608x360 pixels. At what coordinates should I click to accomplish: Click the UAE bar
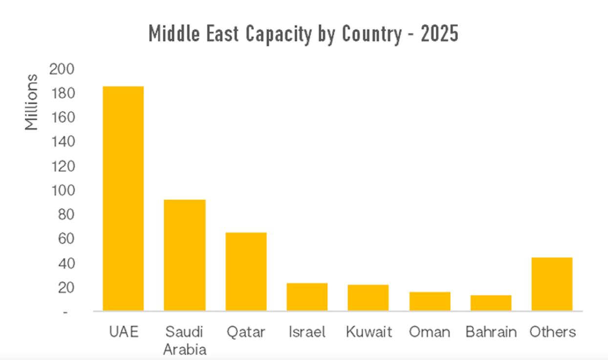[x=123, y=199]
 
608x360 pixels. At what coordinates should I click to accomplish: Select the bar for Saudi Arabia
[x=185, y=255]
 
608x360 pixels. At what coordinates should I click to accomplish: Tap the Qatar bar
[x=246, y=271]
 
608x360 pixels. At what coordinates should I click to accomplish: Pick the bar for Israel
[x=307, y=297]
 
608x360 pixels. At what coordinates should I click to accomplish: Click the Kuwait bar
[x=368, y=297]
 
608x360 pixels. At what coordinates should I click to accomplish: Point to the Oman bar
[x=430, y=301]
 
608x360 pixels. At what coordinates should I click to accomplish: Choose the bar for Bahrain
[x=491, y=303]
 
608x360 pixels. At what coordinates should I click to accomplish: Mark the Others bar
[x=552, y=284]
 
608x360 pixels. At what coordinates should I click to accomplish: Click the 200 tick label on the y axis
[x=62, y=69]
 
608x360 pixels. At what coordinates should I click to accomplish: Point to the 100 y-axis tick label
[x=62, y=190]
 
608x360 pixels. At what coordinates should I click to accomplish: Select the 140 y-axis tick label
[x=62, y=142]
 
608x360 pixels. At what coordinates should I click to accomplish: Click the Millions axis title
[x=32, y=102]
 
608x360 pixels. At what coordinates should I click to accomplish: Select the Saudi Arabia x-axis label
[x=184, y=340]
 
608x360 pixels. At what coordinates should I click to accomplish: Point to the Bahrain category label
[x=491, y=332]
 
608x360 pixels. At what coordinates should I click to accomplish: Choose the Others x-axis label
[x=552, y=332]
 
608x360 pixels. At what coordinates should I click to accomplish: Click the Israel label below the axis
[x=307, y=332]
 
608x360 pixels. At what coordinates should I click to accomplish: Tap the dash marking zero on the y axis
[x=65, y=312]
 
